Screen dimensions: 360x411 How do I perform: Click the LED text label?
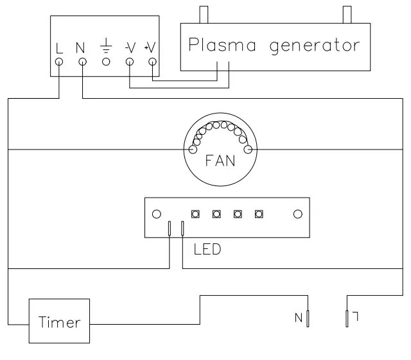click(207, 250)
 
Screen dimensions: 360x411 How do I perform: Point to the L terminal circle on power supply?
click(60, 62)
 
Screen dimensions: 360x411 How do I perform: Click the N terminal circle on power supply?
click(83, 62)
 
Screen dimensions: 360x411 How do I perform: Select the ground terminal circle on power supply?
click(106, 62)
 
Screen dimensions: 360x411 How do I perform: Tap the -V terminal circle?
click(129, 62)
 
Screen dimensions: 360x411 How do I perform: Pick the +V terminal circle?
click(152, 62)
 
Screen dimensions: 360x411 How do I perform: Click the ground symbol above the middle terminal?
click(106, 46)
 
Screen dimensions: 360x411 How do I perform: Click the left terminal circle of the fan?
click(193, 150)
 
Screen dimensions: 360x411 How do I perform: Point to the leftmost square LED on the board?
click(194, 214)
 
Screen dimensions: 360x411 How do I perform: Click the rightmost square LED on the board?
click(259, 214)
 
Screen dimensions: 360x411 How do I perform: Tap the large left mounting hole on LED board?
click(156, 214)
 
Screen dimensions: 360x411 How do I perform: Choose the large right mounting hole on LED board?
click(297, 214)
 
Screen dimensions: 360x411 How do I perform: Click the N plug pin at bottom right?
click(308, 318)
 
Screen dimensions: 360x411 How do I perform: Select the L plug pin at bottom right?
click(347, 318)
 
